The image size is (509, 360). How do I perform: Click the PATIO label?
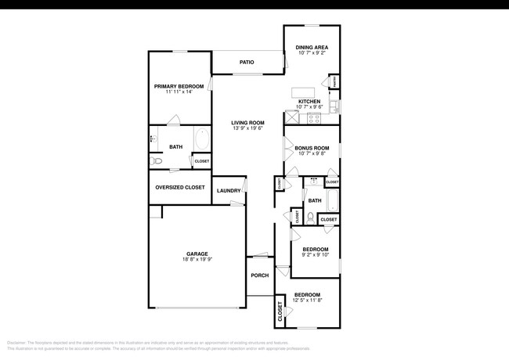[x=247, y=63]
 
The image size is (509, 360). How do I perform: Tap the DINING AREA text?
[x=312, y=48]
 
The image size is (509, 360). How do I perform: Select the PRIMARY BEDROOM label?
[x=179, y=86]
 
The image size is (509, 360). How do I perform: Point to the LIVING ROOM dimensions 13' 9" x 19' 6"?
[x=247, y=128]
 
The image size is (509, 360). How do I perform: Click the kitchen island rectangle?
[x=303, y=92]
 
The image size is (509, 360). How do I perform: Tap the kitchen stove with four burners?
[x=315, y=119]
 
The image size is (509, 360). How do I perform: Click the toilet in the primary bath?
[x=157, y=161]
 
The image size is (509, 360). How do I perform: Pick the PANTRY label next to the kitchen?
[x=334, y=81]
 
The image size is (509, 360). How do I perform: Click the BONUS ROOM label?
[x=312, y=148]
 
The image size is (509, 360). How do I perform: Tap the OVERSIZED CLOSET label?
[x=180, y=188]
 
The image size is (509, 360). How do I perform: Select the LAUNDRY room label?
[x=229, y=190]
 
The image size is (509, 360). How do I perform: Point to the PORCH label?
[x=259, y=275]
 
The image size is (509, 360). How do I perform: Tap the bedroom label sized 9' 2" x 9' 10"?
[x=315, y=250]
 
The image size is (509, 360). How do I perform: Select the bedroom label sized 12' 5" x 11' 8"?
[x=306, y=295]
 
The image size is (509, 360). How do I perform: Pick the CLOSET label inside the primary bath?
[x=202, y=161]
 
